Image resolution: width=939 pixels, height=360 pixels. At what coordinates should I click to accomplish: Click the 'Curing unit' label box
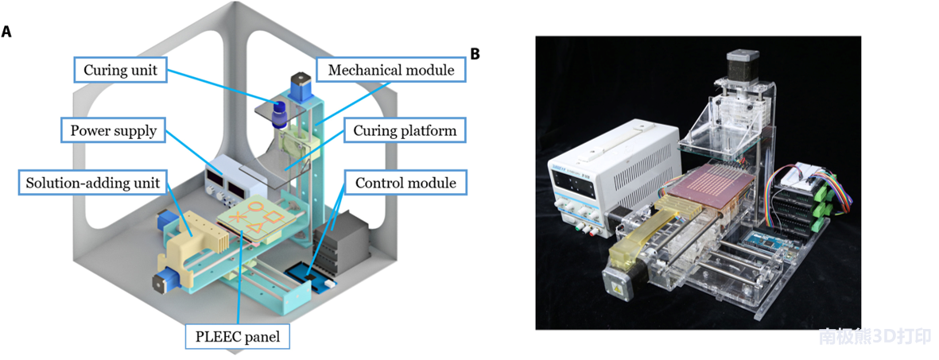[122, 70]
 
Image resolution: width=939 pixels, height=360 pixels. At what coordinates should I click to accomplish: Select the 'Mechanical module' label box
[390, 70]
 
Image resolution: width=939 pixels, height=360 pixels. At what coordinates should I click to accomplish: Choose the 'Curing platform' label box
[405, 130]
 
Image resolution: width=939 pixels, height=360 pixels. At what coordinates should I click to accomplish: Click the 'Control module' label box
[405, 183]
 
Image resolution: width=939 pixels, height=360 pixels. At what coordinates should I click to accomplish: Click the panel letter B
[475, 54]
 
